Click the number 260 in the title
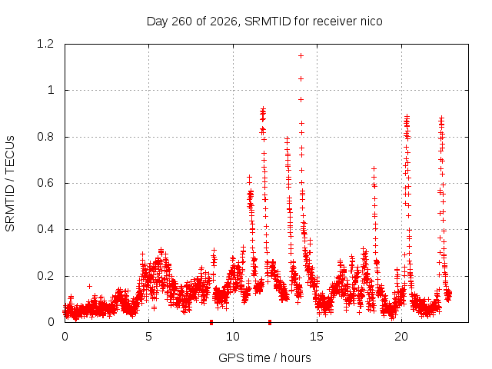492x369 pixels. click(x=182, y=22)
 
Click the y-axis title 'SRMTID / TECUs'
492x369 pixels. click(x=10, y=184)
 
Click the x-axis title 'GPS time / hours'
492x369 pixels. click(x=264, y=357)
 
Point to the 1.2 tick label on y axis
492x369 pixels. click(x=45, y=44)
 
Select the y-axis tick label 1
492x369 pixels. click(x=51, y=91)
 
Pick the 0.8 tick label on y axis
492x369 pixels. click(x=45, y=137)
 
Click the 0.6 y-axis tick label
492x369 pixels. click(x=45, y=183)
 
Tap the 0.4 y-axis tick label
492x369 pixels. click(x=45, y=229)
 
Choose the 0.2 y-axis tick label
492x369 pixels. click(x=45, y=276)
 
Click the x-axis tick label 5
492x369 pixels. click(x=148, y=337)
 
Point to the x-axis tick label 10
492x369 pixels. click(x=233, y=337)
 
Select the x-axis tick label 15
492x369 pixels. click(x=317, y=337)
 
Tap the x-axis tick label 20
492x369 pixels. click(x=401, y=337)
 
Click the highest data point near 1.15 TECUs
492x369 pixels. click(x=301, y=56)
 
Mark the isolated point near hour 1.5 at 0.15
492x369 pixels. click(x=89, y=286)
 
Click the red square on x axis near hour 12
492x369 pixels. click(x=270, y=322)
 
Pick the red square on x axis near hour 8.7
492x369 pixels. click(x=211, y=322)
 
